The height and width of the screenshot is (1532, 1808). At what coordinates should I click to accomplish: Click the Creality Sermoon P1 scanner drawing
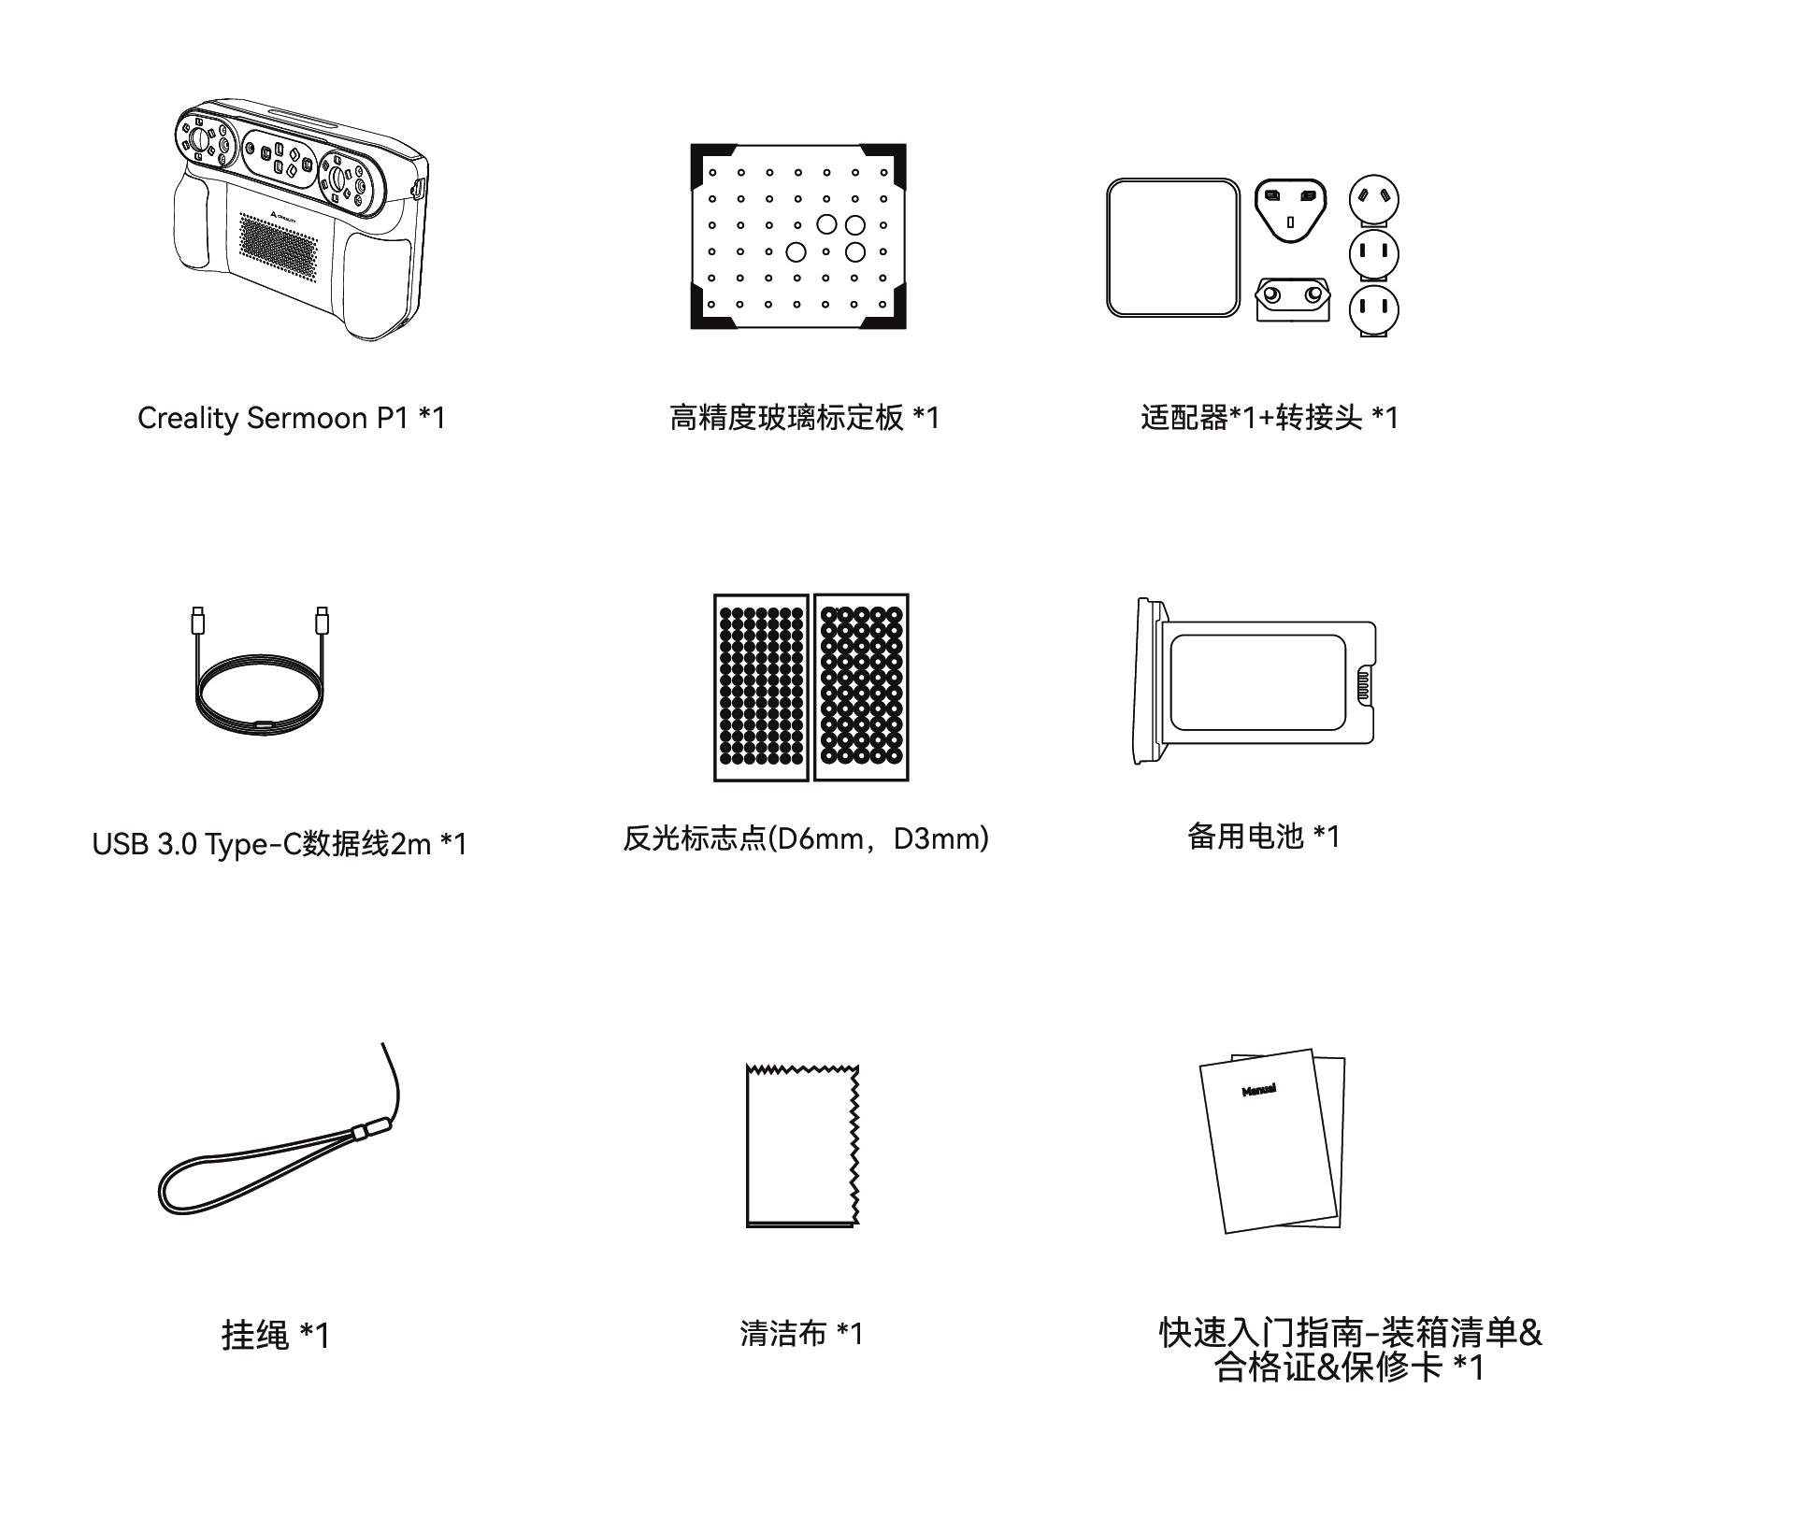tap(300, 219)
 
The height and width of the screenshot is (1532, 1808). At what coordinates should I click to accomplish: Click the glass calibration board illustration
tap(798, 236)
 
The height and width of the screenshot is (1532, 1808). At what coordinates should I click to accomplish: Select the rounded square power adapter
tap(1173, 248)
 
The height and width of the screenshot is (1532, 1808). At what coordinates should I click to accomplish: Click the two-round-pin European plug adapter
tap(1293, 298)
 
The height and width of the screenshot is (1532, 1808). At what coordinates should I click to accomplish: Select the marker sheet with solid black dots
tap(761, 687)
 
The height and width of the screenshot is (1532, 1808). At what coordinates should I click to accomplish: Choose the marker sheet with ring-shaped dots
tap(861, 687)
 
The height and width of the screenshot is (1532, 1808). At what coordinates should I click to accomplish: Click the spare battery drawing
tap(1255, 681)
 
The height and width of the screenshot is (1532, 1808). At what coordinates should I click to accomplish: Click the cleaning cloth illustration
tap(802, 1145)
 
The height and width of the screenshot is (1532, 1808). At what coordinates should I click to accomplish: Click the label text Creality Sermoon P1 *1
tap(292, 418)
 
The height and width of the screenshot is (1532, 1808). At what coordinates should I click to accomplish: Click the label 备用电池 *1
tap(1264, 836)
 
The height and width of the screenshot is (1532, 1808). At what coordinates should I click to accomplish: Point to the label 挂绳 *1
tap(276, 1335)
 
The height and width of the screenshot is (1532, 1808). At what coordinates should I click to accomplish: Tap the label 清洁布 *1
tap(802, 1333)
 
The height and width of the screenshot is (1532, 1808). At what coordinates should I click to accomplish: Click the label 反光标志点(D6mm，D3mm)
tap(806, 838)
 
